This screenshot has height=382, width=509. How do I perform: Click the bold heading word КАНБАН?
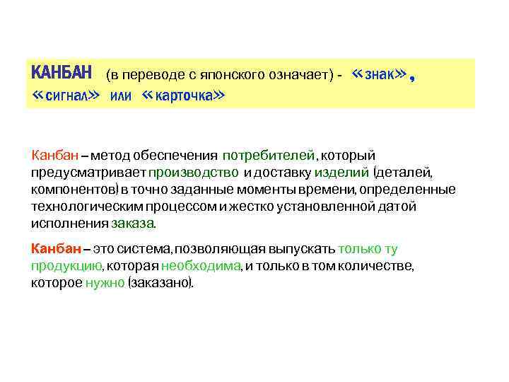(x=62, y=73)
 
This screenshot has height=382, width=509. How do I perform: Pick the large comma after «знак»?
(x=412, y=78)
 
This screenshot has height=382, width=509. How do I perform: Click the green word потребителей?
(x=269, y=156)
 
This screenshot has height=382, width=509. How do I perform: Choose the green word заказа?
(x=132, y=224)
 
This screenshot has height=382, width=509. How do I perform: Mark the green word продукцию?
(x=66, y=266)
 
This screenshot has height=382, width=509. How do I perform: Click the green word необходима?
(x=201, y=266)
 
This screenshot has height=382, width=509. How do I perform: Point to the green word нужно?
(x=105, y=283)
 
